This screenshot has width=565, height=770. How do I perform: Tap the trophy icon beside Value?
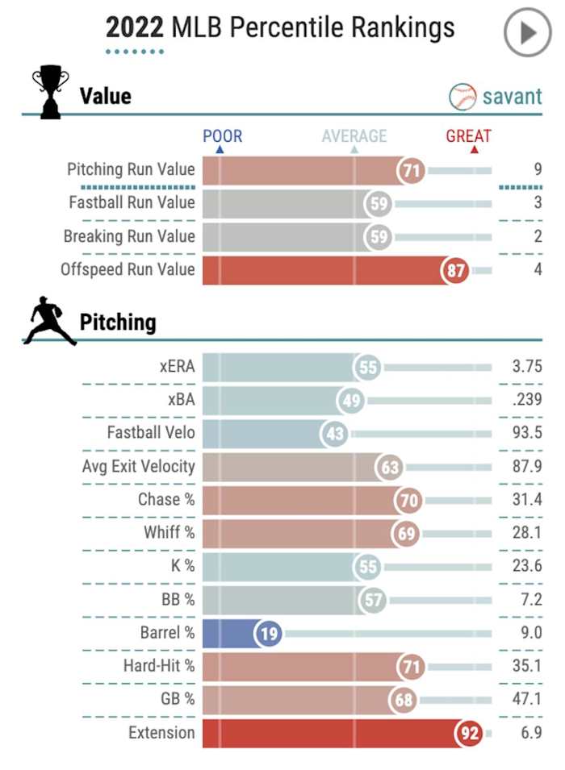click(49, 94)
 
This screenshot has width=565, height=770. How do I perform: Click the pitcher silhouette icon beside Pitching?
click(49, 322)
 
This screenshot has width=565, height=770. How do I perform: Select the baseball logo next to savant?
click(462, 97)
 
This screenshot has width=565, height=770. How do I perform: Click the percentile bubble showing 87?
click(456, 270)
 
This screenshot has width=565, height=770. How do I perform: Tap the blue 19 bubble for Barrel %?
click(269, 634)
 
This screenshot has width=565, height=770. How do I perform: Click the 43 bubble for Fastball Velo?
click(335, 434)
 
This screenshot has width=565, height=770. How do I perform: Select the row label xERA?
click(177, 367)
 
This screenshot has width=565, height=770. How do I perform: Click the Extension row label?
click(161, 733)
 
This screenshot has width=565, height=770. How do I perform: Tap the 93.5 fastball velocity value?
click(526, 433)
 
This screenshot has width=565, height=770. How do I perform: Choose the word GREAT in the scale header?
click(468, 136)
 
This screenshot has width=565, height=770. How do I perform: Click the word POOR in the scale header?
click(222, 136)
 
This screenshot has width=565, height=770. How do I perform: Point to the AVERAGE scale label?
click(354, 136)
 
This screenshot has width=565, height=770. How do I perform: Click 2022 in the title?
click(135, 29)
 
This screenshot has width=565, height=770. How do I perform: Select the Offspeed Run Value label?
click(128, 269)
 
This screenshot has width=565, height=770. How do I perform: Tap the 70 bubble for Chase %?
click(409, 501)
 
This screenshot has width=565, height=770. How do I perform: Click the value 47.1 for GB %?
click(526, 699)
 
